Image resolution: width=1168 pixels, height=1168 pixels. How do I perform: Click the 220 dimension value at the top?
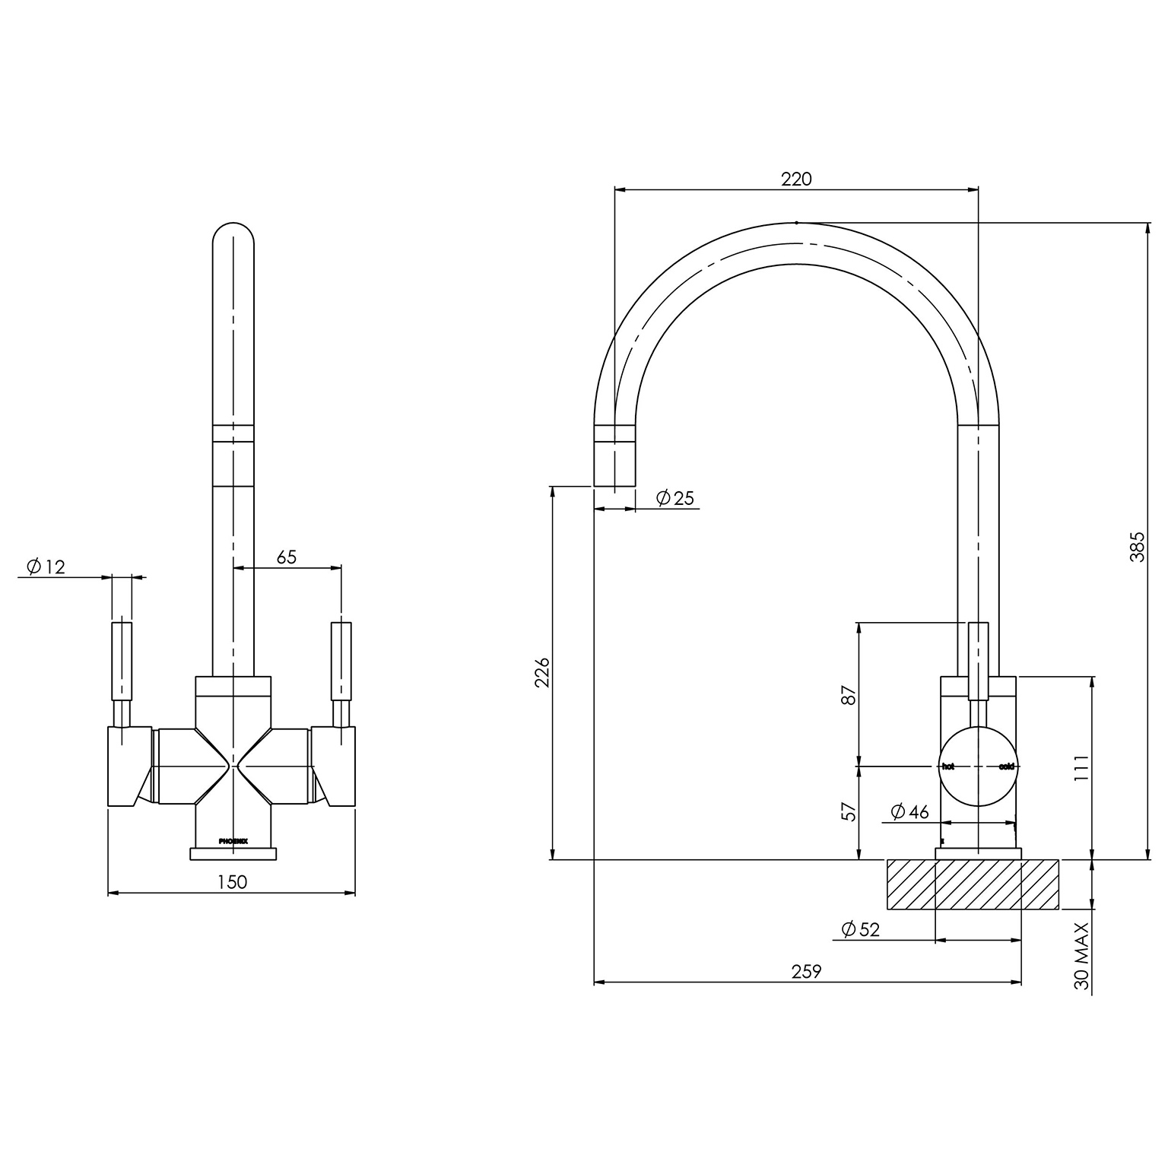click(x=796, y=179)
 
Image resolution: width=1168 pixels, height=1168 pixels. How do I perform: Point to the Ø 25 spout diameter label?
click(x=674, y=498)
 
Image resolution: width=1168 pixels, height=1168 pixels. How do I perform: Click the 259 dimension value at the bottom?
click(x=806, y=971)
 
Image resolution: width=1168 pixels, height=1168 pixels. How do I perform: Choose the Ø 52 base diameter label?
click(x=860, y=929)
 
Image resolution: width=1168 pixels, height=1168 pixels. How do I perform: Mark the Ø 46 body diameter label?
click(x=909, y=812)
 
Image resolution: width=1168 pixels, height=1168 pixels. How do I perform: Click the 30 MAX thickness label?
click(x=1082, y=956)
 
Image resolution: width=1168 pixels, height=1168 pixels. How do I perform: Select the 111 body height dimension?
click(x=1082, y=768)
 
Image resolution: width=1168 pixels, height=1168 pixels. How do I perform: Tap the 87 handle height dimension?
click(x=849, y=695)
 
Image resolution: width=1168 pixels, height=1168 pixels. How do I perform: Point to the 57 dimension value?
click(x=849, y=812)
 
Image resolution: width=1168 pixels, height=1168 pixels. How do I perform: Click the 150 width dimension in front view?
click(x=232, y=882)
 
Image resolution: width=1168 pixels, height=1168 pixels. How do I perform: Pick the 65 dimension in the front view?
click(x=286, y=557)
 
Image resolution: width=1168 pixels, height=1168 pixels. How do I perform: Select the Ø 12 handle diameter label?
click(x=46, y=567)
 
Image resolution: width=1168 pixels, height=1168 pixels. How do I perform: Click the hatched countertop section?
click(x=972, y=884)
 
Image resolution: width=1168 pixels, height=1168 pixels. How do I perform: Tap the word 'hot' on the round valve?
click(x=948, y=766)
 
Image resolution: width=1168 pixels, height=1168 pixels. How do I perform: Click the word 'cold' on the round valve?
click(x=1006, y=766)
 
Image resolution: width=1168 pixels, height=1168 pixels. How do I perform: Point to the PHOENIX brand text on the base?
click(x=233, y=841)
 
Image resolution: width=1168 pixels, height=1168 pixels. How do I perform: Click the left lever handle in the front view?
click(x=122, y=662)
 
